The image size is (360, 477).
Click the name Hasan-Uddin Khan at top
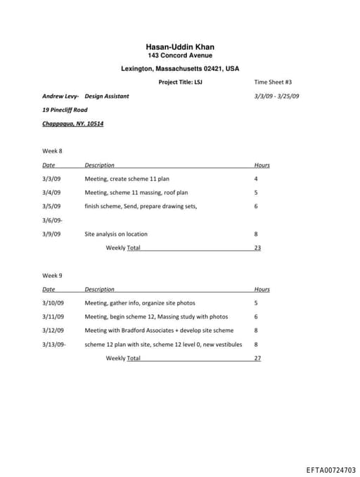[x=179, y=47]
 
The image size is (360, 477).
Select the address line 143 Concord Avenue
[x=179, y=56]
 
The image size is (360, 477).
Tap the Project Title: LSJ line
[x=180, y=82]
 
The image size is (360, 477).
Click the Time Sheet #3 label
[x=273, y=82]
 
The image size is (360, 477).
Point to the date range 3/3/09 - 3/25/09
[x=276, y=96]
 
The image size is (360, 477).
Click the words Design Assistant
[x=107, y=96]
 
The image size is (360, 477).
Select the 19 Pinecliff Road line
[x=65, y=110]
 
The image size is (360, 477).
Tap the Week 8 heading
[x=52, y=151]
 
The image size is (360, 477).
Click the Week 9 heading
[x=52, y=275]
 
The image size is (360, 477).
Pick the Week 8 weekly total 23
[x=257, y=248]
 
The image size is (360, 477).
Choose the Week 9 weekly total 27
[x=257, y=358]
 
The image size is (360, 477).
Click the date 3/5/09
[x=51, y=206]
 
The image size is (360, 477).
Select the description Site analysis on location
[x=116, y=234]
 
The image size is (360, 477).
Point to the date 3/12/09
[x=53, y=330]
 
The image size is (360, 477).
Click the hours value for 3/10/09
[x=256, y=303]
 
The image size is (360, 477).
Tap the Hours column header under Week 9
[x=262, y=289]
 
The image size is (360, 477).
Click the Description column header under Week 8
[x=99, y=165]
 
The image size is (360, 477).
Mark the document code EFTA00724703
[x=330, y=469]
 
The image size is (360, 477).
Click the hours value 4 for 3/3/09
[x=256, y=179]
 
